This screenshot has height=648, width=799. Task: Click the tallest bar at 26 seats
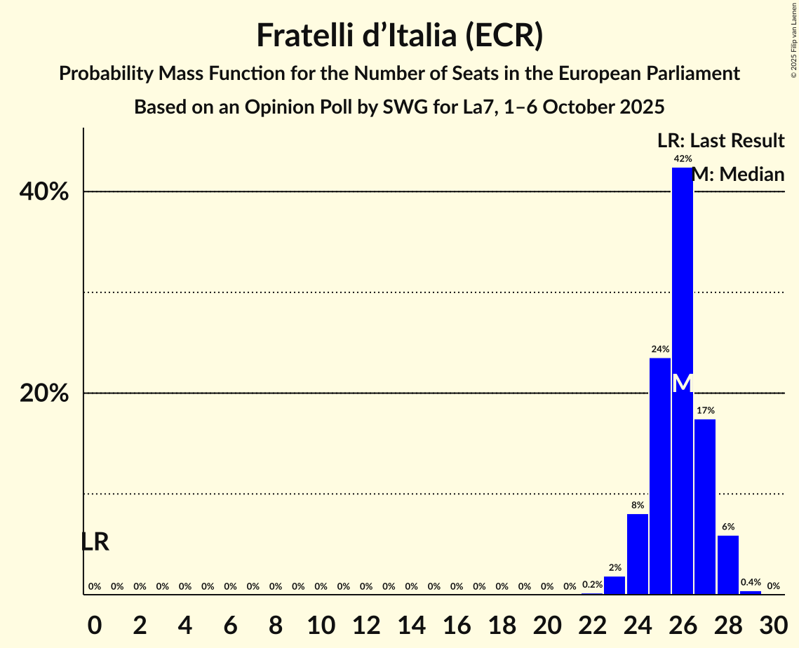(682, 281)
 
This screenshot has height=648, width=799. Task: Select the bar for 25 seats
(659, 476)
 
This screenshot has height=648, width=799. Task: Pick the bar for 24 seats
(637, 554)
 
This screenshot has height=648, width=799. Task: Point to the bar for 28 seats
(727, 565)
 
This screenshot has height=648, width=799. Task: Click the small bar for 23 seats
(615, 586)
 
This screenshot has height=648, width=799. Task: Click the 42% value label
(682, 158)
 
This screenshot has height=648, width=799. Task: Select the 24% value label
(659, 349)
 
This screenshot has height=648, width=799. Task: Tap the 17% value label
(705, 410)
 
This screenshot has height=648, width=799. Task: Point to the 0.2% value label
(592, 585)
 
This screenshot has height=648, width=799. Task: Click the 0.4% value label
(751, 583)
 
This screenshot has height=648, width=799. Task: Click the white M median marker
(682, 383)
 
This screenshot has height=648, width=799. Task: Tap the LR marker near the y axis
(95, 542)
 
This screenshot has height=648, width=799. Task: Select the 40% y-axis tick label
(44, 192)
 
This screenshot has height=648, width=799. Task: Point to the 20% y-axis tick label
(44, 394)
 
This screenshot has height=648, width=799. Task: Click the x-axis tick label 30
(773, 623)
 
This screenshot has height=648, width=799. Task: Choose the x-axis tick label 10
(321, 623)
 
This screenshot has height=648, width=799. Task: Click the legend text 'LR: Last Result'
(720, 140)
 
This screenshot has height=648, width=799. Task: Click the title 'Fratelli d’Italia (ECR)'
(399, 35)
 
